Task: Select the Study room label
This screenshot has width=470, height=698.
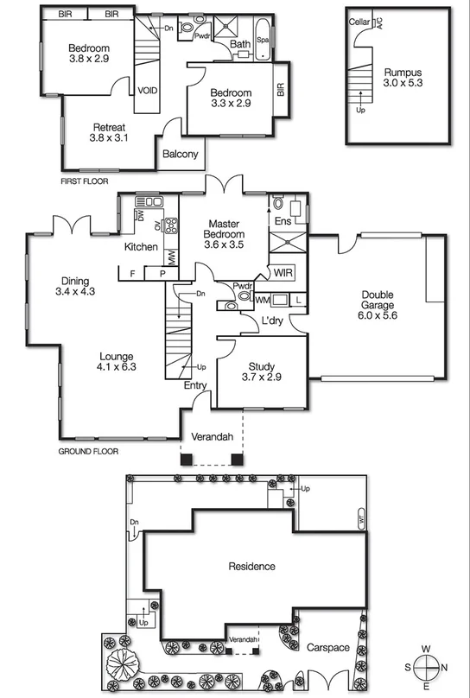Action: tap(261, 365)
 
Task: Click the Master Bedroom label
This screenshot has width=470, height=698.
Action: tap(224, 229)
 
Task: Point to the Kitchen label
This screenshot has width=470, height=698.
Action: tap(141, 247)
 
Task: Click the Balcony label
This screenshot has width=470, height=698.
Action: tap(181, 155)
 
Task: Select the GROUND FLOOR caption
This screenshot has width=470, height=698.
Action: tap(88, 451)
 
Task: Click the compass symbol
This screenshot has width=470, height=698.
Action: tap(427, 668)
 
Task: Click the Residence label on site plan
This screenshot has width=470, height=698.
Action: tap(251, 567)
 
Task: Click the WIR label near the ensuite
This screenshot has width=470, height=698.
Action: tap(284, 273)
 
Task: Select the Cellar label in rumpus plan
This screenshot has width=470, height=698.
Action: tap(360, 21)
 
